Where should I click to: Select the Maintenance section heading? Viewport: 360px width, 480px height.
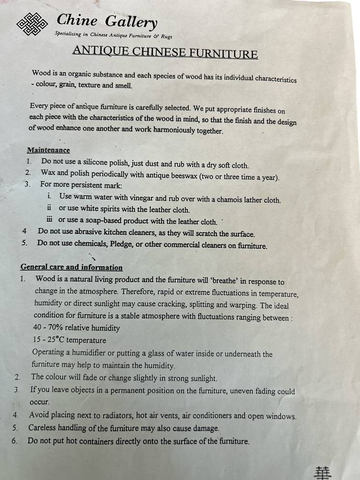(48, 150)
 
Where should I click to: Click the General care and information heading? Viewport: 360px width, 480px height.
(71, 267)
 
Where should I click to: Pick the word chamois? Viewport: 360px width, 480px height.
(230, 200)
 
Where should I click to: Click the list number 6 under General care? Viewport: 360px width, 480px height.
(16, 440)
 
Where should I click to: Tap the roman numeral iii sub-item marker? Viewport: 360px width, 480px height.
(49, 221)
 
